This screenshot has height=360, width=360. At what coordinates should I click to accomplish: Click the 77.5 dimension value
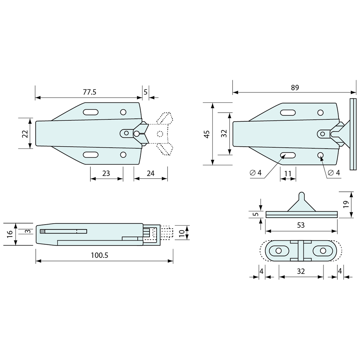(90, 92)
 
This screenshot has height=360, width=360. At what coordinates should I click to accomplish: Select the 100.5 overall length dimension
(99, 255)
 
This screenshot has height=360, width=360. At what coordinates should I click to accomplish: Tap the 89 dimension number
(295, 87)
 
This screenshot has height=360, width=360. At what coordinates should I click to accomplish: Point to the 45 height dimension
(207, 134)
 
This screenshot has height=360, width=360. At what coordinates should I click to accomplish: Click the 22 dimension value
(25, 134)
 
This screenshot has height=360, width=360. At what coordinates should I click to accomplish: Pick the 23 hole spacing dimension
(106, 173)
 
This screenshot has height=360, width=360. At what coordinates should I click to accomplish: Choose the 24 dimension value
(151, 173)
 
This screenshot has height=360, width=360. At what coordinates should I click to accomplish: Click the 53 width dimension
(301, 225)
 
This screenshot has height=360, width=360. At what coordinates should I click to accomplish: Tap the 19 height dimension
(346, 204)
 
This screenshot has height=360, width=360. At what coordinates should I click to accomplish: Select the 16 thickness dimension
(9, 234)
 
